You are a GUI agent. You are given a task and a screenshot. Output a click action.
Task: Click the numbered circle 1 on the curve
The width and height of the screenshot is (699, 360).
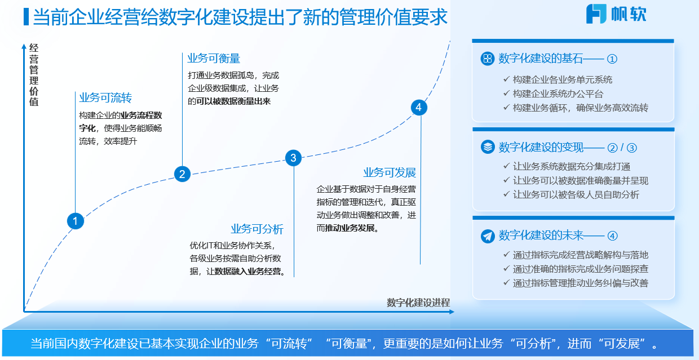click(75, 221)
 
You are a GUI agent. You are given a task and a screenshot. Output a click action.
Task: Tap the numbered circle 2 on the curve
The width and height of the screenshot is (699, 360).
click(182, 174)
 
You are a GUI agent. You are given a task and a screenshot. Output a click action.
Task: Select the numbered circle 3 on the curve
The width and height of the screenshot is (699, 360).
click(293, 158)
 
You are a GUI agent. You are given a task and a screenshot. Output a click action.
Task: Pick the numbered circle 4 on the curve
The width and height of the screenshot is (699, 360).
click(418, 107)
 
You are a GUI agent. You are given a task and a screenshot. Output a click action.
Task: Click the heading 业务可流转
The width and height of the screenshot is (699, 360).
click(105, 98)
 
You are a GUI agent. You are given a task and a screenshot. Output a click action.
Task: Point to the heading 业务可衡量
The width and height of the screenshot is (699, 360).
click(214, 59)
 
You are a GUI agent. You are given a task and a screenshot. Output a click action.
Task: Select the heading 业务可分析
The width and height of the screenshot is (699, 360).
click(257, 229)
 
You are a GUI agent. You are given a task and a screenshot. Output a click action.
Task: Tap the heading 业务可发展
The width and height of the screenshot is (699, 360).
click(390, 172)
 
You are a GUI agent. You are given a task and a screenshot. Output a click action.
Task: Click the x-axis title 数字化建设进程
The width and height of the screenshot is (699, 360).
click(418, 303)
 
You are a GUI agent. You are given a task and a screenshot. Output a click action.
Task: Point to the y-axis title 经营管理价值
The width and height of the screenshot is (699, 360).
click(34, 75)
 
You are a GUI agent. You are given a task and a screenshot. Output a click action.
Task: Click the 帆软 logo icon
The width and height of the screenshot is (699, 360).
click(596, 14)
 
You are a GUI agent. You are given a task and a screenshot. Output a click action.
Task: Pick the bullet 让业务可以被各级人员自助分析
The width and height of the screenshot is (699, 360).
click(576, 194)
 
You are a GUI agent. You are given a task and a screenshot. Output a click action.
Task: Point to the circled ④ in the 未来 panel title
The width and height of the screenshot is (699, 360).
click(613, 236)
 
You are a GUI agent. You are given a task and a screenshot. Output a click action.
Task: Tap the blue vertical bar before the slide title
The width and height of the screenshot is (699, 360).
click(26, 17)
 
